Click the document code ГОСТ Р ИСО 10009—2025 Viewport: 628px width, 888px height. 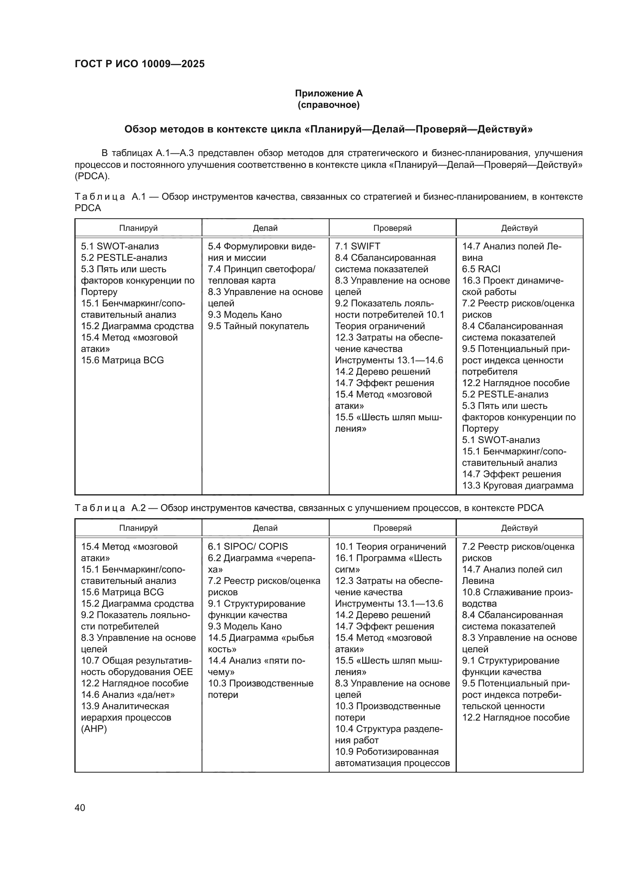pyautogui.click(x=140, y=64)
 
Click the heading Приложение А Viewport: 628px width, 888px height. pyautogui.click(x=329, y=93)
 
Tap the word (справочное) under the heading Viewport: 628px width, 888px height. pyautogui.click(x=329, y=105)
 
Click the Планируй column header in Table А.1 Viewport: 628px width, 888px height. pyautogui.click(x=138, y=228)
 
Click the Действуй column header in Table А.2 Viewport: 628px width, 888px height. pyautogui.click(x=519, y=528)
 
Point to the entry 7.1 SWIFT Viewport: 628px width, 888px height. pyautogui.click(x=357, y=246)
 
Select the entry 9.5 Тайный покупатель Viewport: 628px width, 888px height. pyautogui.click(x=258, y=326)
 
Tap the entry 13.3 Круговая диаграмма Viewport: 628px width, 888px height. pyautogui.click(x=518, y=486)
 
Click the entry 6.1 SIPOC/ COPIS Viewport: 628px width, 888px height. pyautogui.click(x=248, y=546)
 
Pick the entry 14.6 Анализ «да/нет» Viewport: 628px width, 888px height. pyautogui.click(x=128, y=695)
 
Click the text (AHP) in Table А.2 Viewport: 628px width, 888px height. pyautogui.click(x=94, y=729)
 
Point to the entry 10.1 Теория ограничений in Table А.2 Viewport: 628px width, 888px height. pyautogui.click(x=390, y=546)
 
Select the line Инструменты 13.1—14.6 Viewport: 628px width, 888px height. pyautogui.click(x=389, y=360)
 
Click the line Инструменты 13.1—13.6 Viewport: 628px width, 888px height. pyautogui.click(x=389, y=603)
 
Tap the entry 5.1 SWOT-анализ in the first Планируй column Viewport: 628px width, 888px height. pyautogui.click(x=120, y=246)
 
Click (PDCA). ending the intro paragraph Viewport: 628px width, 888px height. pyautogui.click(x=92, y=176)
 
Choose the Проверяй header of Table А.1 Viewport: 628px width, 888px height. pyautogui.click(x=392, y=228)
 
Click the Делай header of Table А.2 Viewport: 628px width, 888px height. pyautogui.click(x=265, y=528)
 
